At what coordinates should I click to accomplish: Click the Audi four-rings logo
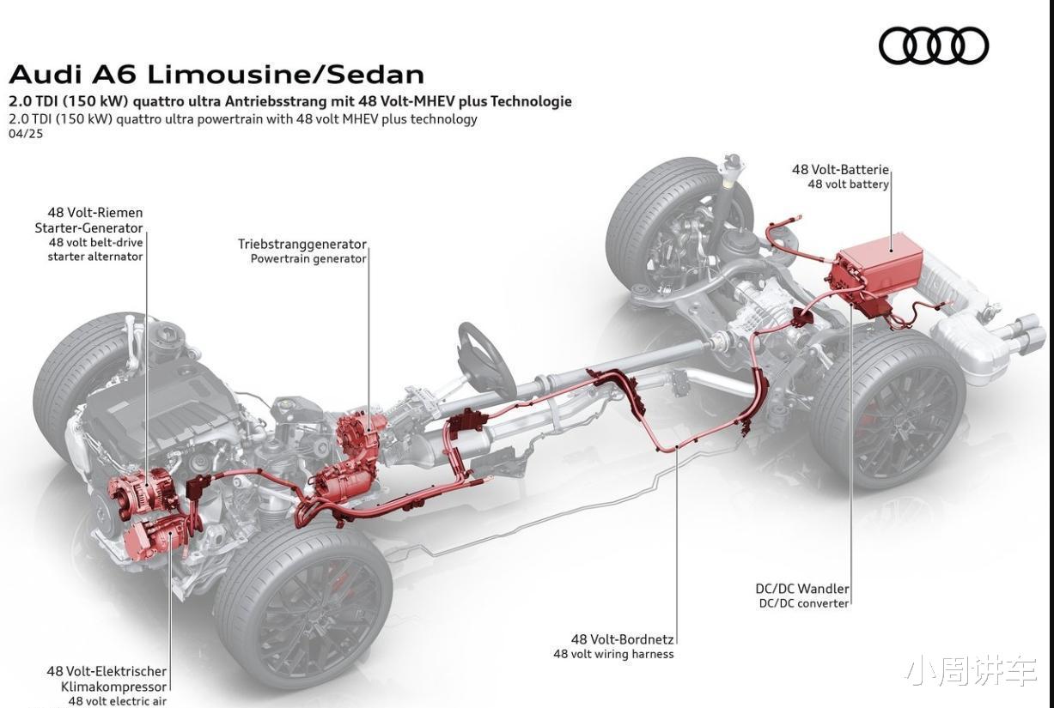pyautogui.click(x=934, y=45)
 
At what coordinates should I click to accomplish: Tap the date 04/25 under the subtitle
pyautogui.click(x=26, y=134)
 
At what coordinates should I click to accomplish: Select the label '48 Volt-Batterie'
pyautogui.click(x=840, y=169)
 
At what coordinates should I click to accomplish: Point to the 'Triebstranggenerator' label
pyautogui.click(x=302, y=244)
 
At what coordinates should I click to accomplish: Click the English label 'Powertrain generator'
pyautogui.click(x=308, y=258)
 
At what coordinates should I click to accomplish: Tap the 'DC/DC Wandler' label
pyautogui.click(x=802, y=589)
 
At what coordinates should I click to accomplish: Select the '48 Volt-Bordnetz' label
pyautogui.click(x=623, y=639)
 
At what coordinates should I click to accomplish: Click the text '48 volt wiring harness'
pyautogui.click(x=613, y=654)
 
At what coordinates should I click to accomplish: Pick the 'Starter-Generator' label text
pyautogui.click(x=88, y=228)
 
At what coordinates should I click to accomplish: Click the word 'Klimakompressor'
pyautogui.click(x=113, y=687)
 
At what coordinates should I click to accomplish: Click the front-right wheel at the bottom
pyautogui.click(x=302, y=607)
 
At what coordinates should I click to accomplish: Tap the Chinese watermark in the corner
pyautogui.click(x=972, y=673)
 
